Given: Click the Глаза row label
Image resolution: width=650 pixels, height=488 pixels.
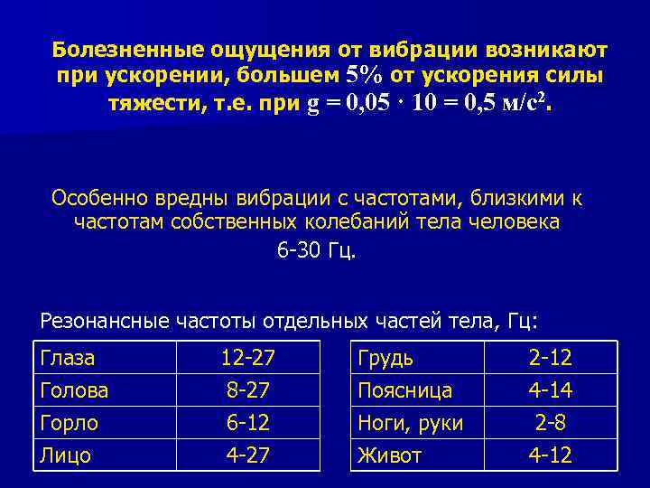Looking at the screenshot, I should coord(68,358).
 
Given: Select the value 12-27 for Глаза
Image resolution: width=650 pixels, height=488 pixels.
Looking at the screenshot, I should coord(248,358).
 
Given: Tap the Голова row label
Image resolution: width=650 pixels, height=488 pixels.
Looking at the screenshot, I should coord(75,390).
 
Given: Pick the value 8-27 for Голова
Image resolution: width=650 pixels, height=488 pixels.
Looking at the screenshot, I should coord(248,390).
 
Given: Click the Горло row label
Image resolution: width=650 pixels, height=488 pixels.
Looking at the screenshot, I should coord(70,423).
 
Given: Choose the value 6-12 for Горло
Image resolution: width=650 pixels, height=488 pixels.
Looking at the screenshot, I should coord(248,423).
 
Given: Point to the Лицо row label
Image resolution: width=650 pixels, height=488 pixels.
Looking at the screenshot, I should coord(66,455).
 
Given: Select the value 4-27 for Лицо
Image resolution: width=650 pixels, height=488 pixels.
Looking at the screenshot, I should coord(248,455).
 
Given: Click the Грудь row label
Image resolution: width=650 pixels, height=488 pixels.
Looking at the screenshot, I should coord(385,358).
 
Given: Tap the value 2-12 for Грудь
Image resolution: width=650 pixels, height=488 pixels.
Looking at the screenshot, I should coord(550,358).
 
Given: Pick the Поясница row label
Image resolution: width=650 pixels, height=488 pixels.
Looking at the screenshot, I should coord(404,390).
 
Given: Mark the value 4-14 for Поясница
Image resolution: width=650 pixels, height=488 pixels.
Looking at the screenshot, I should coord(550,390).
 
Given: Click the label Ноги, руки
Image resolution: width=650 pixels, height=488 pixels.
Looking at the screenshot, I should coord(410,423).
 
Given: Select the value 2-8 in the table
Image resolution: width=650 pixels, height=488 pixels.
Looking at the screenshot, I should coord(550,423).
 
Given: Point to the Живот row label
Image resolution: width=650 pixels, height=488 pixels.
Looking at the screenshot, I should coord(390,455).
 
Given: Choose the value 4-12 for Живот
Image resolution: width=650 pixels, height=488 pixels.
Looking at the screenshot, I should coord(550,455).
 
